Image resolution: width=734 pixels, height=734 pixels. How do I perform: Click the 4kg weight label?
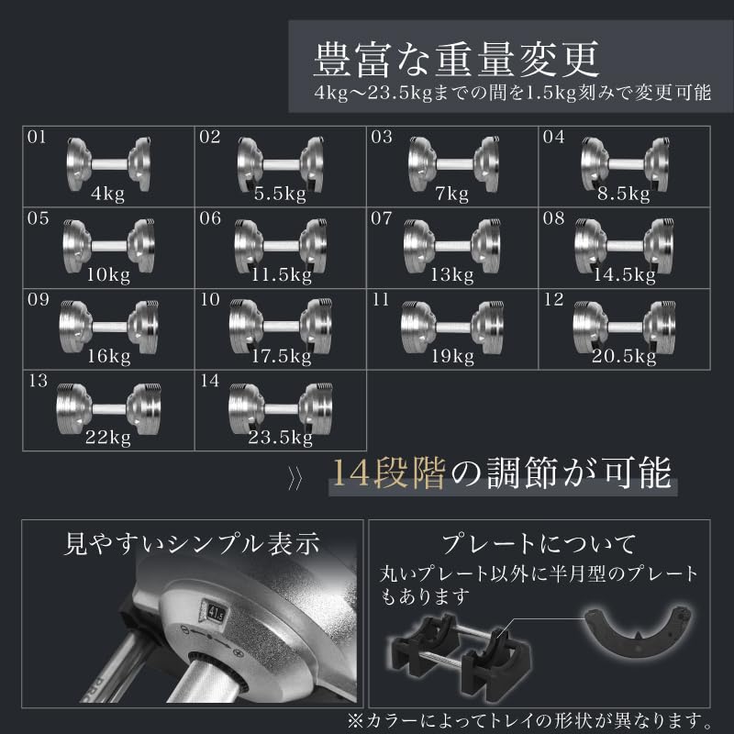click(x=107, y=194)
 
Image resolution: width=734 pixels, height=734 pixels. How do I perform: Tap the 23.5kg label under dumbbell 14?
click(x=280, y=438)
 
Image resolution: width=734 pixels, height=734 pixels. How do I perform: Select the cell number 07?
click(x=381, y=218)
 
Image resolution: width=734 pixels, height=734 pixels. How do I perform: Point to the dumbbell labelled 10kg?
click(x=108, y=246)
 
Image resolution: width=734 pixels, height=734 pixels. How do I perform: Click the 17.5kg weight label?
click(x=282, y=356)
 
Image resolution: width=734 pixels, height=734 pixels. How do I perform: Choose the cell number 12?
click(x=553, y=300)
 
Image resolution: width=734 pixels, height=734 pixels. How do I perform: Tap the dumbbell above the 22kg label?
click(x=108, y=408)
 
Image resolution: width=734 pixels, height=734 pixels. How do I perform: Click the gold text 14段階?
click(x=388, y=473)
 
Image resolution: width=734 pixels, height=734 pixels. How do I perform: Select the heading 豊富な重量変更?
click(x=456, y=60)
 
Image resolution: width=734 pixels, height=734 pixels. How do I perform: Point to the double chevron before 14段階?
click(x=295, y=480)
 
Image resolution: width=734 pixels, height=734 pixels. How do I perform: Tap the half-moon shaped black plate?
click(x=639, y=631)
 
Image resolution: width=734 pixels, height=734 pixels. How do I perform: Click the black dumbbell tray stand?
click(x=462, y=658)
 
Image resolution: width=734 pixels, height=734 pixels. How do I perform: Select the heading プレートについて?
click(x=539, y=544)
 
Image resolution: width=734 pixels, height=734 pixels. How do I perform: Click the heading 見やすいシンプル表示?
click(x=192, y=544)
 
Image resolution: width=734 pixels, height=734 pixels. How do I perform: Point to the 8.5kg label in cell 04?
click(x=624, y=194)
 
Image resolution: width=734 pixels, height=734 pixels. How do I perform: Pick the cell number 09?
click(x=38, y=300)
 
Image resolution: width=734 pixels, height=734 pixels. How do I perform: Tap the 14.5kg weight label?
click(x=625, y=274)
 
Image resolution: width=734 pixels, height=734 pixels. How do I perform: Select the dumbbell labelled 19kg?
click(x=452, y=327)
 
